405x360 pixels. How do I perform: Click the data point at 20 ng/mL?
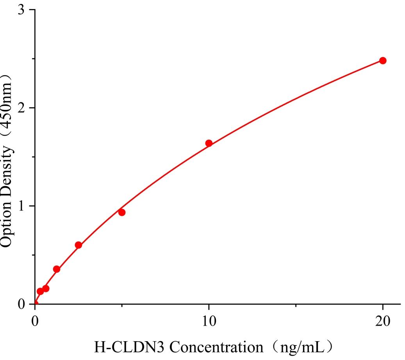383,61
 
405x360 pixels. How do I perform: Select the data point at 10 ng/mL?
209,143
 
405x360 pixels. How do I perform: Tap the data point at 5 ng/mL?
122,212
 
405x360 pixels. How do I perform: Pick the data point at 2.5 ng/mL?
79,245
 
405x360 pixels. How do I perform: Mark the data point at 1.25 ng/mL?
57,269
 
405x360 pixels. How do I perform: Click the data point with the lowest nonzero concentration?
40,291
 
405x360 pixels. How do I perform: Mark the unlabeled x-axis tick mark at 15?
296,306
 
